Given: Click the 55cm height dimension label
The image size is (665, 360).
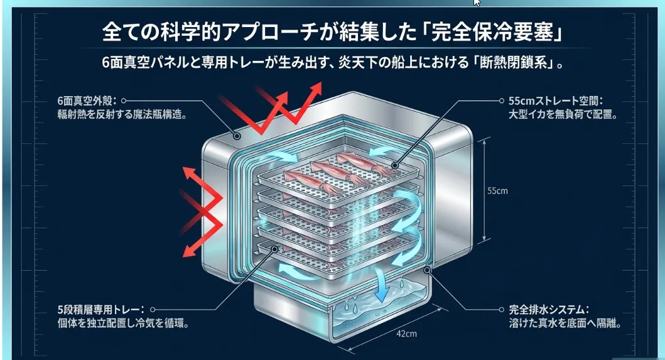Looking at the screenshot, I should [497, 191].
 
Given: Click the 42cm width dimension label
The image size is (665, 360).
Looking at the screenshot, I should [407, 334].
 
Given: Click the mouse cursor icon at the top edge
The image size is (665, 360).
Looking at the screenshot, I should [477, 3].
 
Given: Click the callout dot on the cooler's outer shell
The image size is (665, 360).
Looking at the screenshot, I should [237, 135].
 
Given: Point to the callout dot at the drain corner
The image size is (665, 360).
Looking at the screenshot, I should [428, 271].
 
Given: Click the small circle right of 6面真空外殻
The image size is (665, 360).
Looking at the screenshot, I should [124, 101].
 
